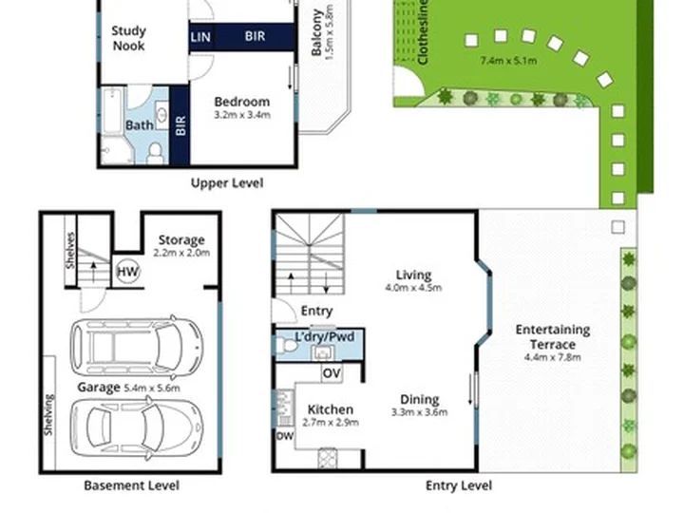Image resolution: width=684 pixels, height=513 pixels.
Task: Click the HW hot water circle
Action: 128,272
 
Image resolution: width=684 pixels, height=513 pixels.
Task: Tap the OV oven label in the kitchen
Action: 332,373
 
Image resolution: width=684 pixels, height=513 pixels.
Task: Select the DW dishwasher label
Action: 285,436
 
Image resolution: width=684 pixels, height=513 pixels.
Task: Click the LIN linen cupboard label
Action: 200,37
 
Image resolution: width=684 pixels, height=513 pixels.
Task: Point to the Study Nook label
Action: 128,38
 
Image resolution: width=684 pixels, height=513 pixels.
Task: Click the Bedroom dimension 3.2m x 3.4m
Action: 242,115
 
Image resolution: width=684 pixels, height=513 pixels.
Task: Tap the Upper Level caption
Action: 227,182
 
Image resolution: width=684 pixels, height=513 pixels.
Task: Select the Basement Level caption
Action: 131,485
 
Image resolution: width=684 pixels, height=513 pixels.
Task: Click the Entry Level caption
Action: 459,485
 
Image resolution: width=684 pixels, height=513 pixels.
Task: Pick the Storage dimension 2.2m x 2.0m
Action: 181,253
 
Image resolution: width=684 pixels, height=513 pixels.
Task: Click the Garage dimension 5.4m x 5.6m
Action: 152,388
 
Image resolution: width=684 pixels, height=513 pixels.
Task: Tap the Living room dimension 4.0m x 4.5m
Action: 413,288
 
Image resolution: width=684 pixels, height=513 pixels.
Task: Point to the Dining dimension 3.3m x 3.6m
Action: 419,412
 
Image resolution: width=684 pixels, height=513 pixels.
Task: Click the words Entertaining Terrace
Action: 553,336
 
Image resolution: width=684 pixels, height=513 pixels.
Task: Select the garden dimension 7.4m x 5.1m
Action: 508,61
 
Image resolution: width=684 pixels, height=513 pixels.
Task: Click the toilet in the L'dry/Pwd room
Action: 287,346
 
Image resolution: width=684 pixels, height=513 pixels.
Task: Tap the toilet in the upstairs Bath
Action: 155,153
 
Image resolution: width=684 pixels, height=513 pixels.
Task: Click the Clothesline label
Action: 422,32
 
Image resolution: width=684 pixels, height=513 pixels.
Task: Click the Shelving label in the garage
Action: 48,414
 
